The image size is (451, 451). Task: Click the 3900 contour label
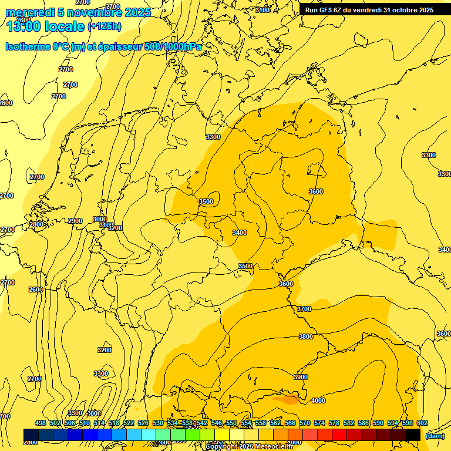[300, 377]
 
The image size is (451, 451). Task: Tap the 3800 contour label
[306, 336]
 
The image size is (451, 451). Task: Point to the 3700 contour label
[304, 309]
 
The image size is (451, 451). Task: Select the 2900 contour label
[75, 221]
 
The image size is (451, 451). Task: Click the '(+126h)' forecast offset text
[104, 26]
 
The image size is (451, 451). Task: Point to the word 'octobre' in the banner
[401, 9]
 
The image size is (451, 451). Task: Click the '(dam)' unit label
[434, 435]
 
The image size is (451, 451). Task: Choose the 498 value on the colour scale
[40, 423]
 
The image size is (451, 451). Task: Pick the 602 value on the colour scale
[422, 423]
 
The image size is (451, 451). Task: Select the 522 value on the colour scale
[129, 423]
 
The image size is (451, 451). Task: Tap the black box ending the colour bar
[413, 435]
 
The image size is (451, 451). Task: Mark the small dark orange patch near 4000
[288, 399]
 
